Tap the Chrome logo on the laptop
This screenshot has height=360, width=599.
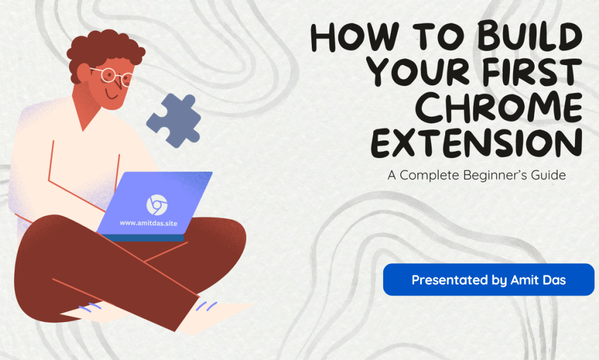156,204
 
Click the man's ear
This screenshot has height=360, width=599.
82,73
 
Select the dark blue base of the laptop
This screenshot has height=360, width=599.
142,237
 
